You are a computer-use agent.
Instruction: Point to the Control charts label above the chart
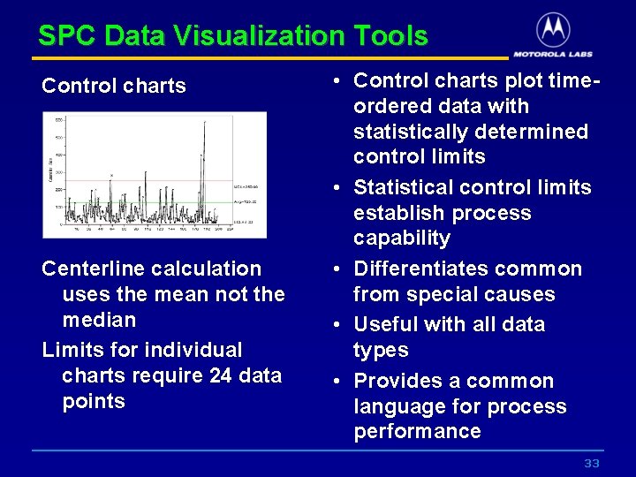point(114,86)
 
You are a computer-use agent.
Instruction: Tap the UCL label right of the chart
point(247,187)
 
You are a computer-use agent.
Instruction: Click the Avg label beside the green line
point(247,202)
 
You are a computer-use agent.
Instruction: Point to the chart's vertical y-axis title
point(50,168)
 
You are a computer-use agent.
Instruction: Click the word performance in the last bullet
point(417,432)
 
